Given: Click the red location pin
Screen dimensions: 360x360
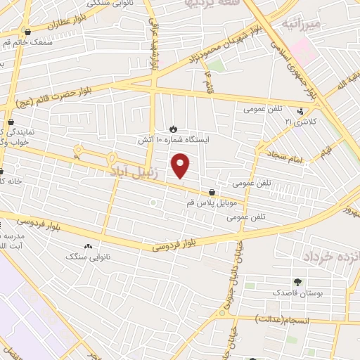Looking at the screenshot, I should (x=181, y=165).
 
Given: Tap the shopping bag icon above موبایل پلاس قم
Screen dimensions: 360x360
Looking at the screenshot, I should (x=212, y=192).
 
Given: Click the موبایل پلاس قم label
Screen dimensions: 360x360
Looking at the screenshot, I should (x=212, y=202).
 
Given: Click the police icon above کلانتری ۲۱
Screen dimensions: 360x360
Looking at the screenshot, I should (x=300, y=110).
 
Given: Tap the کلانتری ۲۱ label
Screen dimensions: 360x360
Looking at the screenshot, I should (x=300, y=122).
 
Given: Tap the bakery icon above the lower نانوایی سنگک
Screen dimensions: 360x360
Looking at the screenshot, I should (x=88, y=246).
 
